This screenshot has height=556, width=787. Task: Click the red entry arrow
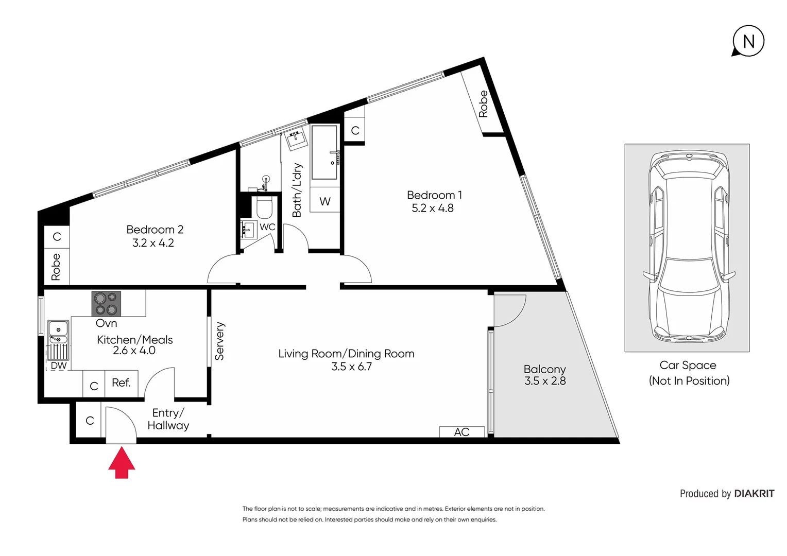tap(122, 463)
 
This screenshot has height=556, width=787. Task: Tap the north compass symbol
tap(748, 41)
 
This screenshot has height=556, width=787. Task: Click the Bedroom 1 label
tap(434, 195)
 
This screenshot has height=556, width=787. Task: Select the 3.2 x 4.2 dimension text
tap(153, 243)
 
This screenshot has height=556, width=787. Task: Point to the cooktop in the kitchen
tap(106, 303)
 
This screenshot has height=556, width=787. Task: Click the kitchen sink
tap(58, 332)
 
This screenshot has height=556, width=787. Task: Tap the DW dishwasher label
tap(58, 366)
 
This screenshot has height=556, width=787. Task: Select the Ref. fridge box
tap(121, 383)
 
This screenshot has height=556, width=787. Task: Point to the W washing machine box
tap(324, 201)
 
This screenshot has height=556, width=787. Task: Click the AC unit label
tap(461, 432)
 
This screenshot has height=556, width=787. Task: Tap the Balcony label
tap(544, 369)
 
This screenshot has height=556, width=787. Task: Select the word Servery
tap(219, 341)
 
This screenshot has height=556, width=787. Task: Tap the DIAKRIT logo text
tap(754, 493)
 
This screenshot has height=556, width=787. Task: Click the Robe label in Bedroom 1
tap(483, 104)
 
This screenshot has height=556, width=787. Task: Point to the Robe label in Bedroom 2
tap(56, 267)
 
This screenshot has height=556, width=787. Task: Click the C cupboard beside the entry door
tap(90, 421)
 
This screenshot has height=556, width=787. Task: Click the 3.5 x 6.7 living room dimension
tap(351, 367)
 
